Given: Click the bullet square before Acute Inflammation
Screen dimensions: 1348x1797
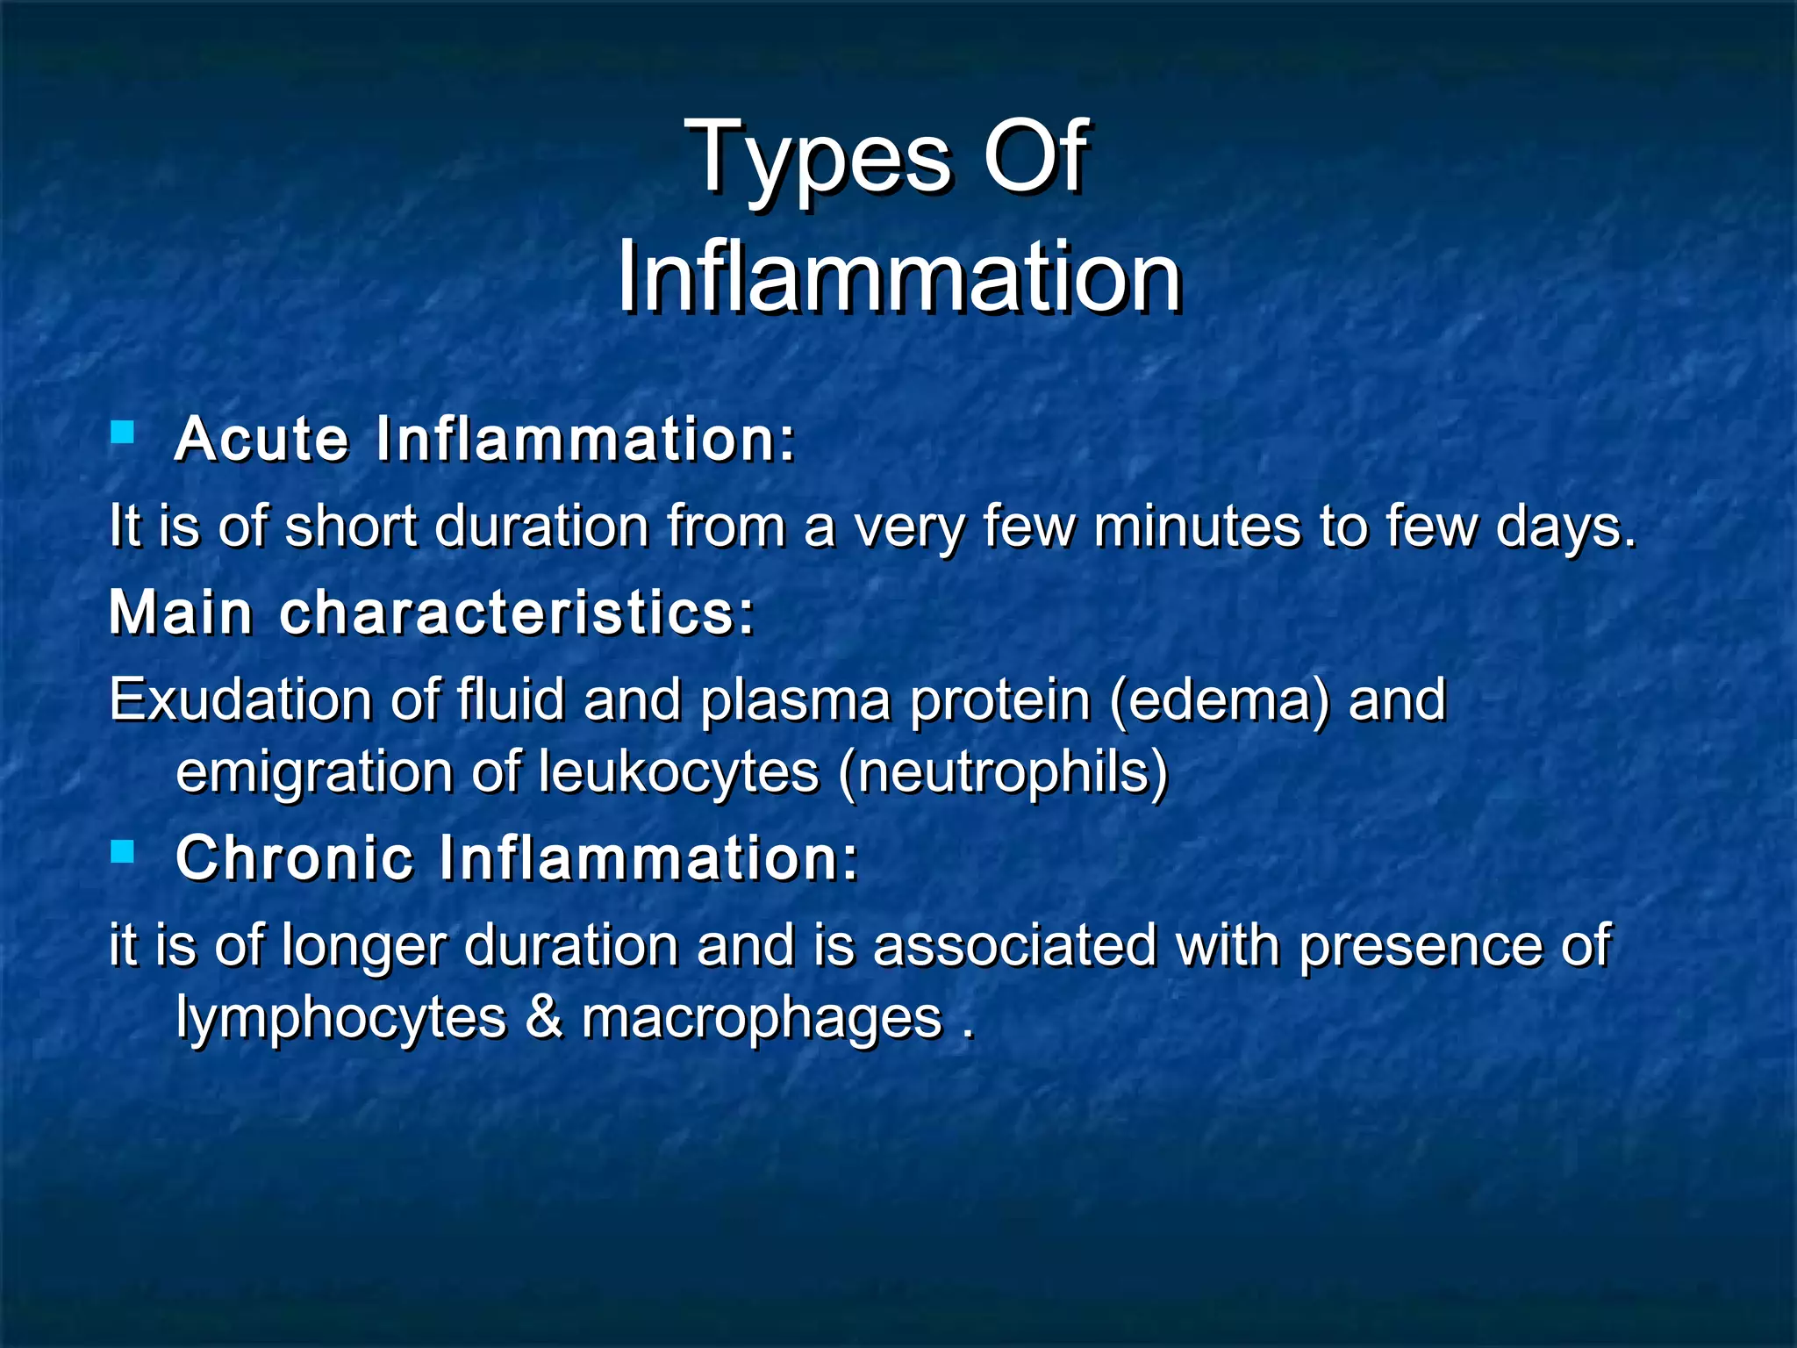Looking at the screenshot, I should click(x=123, y=432).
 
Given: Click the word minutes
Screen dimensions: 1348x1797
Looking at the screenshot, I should click(x=1197, y=527).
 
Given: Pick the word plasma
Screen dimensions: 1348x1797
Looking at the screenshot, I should click(x=795, y=701).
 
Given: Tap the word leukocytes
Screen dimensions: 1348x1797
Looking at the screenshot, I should click(x=678, y=773).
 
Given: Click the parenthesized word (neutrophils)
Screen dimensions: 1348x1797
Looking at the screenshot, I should click(x=1004, y=773).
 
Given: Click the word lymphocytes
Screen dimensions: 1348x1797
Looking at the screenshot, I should click(x=341, y=1019).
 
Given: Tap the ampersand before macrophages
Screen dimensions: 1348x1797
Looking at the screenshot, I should click(x=544, y=1017).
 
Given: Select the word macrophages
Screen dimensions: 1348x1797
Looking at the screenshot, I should click(x=762, y=1019).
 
